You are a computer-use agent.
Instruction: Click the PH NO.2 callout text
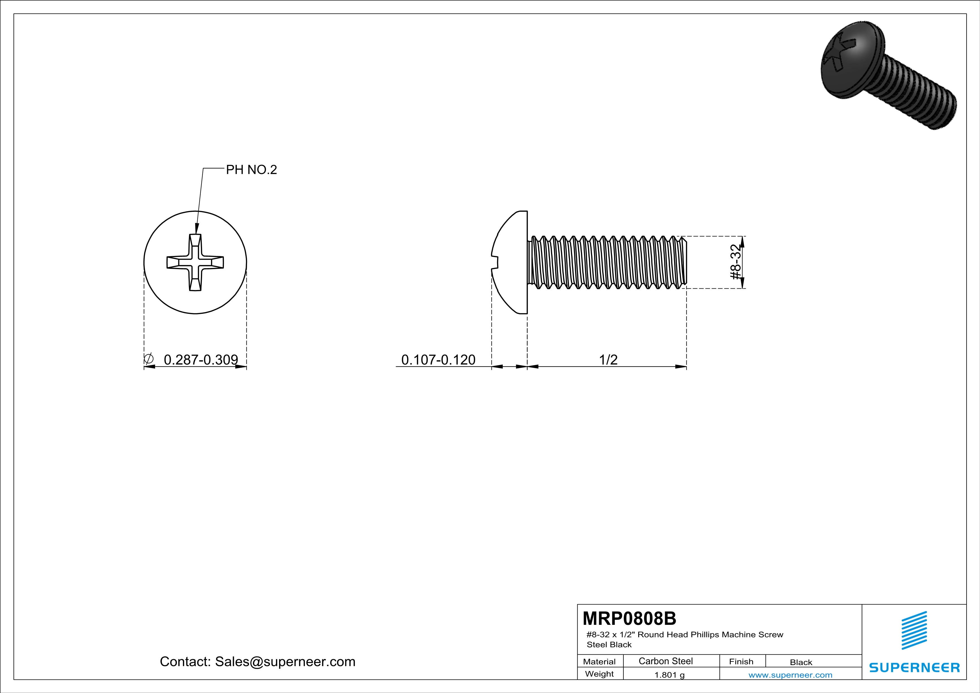coord(251,170)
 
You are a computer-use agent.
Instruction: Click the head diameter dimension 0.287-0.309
coord(201,360)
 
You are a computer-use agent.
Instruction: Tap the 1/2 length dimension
coord(608,360)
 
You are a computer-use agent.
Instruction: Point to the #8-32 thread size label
coord(735,262)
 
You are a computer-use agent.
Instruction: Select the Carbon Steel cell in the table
coord(665,661)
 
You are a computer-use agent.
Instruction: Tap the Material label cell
coord(599,661)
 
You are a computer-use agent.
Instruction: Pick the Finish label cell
coord(741,661)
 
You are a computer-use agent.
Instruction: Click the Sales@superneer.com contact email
coord(285,661)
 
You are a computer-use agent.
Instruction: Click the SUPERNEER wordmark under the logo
coord(914,667)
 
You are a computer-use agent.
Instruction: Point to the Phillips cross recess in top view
coord(195,262)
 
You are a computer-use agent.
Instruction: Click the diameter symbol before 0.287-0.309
coord(149,359)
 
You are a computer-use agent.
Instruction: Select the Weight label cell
coord(599,674)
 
